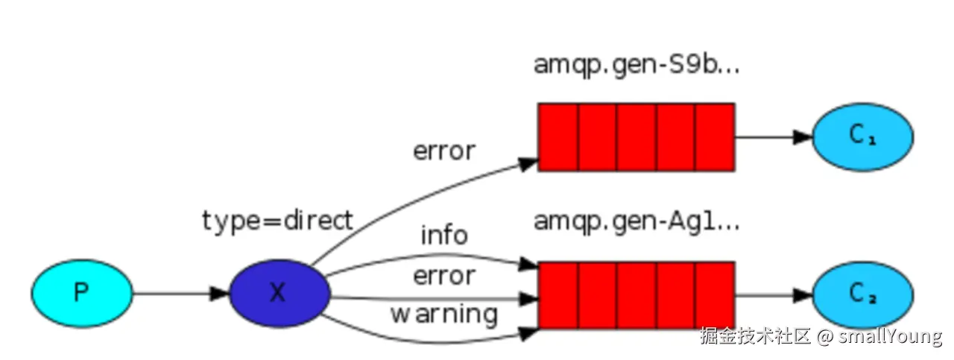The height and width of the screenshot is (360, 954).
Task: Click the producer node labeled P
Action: (x=82, y=293)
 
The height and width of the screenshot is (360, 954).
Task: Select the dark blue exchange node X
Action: (x=279, y=293)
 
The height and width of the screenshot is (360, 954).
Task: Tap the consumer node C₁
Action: (x=863, y=136)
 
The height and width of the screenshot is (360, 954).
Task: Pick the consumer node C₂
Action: (x=863, y=295)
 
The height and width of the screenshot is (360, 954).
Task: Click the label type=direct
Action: (x=277, y=221)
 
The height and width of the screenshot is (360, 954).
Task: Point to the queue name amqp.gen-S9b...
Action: (x=636, y=65)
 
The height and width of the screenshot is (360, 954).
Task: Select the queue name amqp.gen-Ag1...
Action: (x=636, y=221)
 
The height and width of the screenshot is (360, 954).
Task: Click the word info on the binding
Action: (x=444, y=235)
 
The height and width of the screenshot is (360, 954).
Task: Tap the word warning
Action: (x=444, y=314)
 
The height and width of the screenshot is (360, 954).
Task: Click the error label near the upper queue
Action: (x=444, y=151)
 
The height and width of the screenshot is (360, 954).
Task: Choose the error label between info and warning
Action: (x=444, y=276)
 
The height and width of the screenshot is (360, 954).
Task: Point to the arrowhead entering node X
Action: (x=220, y=293)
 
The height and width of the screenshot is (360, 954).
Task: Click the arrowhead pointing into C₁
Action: (x=803, y=137)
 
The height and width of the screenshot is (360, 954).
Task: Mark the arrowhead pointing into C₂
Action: (x=803, y=295)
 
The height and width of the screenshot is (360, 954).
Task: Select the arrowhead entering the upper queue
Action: (x=528, y=164)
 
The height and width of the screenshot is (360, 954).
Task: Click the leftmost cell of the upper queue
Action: (x=558, y=137)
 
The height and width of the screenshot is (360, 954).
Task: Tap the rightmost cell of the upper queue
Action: (x=715, y=137)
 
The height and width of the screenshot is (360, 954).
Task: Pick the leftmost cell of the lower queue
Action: (x=558, y=295)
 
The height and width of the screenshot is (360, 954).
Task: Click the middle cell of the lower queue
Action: (x=636, y=295)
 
